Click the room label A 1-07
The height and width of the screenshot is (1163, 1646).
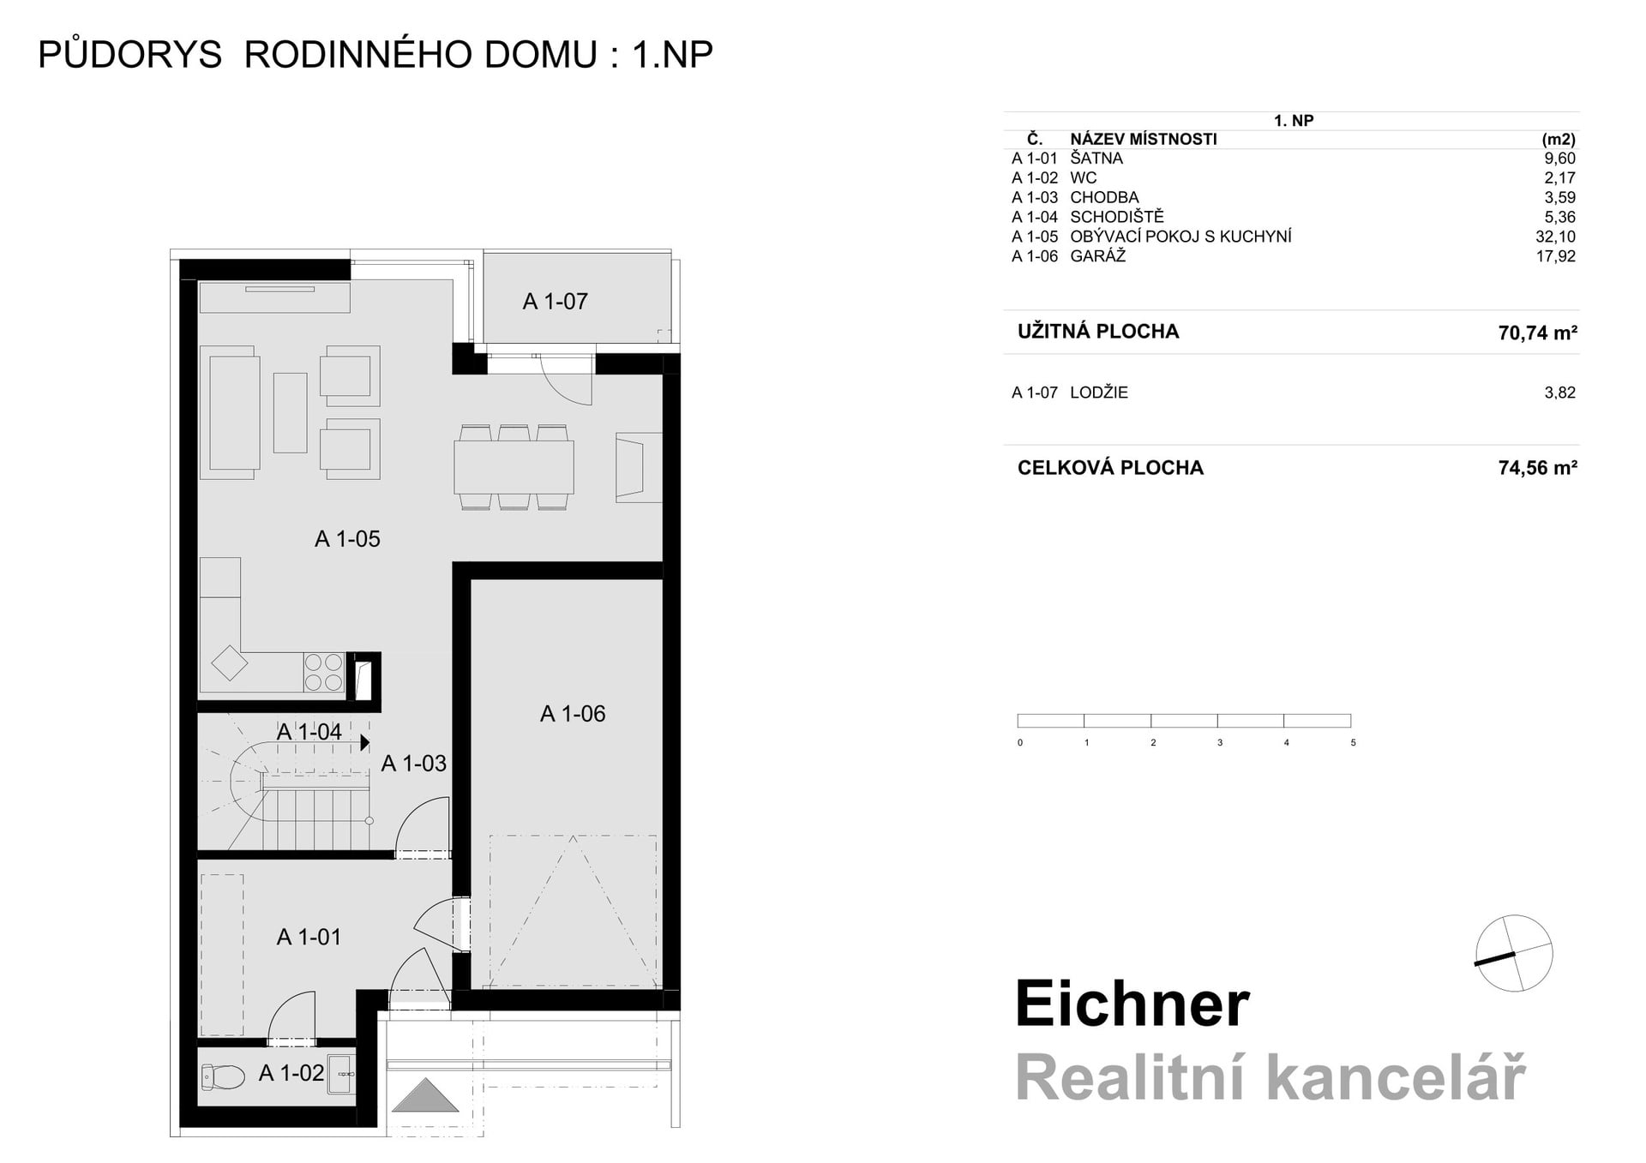pos(556,302)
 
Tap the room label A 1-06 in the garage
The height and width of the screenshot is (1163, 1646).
pos(573,714)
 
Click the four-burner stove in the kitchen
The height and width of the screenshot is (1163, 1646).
pos(323,672)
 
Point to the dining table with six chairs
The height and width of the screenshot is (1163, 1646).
pos(514,467)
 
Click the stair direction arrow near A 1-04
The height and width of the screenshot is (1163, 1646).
pos(365,742)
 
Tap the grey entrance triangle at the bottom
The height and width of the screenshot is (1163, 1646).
pos(425,1096)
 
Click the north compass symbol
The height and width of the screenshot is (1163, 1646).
pos(1514,953)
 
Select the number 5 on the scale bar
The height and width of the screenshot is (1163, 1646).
pos(1353,743)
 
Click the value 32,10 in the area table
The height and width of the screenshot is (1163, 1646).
pos(1555,237)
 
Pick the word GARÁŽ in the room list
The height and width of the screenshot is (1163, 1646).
pos(1097,256)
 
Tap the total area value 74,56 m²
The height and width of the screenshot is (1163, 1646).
pos(1537,468)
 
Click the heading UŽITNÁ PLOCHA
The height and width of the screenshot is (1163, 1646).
pos(1097,332)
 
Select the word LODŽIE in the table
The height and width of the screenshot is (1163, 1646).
pos(1099,393)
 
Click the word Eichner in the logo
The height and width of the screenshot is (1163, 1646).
pos(1132,1004)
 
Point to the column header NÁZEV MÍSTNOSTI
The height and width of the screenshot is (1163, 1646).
pos(1143,139)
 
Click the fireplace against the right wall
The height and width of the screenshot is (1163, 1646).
pos(638,467)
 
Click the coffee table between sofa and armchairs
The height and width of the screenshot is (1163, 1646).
pos(290,412)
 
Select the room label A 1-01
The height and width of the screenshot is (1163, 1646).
pos(309,938)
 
